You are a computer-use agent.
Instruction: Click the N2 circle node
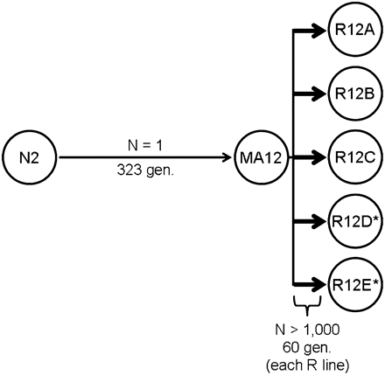[28, 158]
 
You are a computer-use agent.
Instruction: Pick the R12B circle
[353, 94]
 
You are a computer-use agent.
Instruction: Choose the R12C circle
[353, 158]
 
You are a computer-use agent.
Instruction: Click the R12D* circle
[353, 222]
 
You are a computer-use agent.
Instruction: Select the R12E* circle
[353, 285]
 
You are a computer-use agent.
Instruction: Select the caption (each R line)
[309, 362]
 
